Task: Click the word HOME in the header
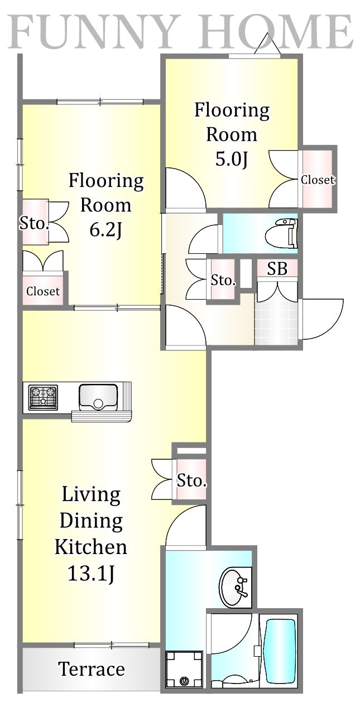click(276, 31)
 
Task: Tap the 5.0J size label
click(232, 160)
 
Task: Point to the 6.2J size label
click(106, 230)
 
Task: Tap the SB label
click(277, 268)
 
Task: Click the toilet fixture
click(281, 233)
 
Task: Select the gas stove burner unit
click(43, 397)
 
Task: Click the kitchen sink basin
click(98, 397)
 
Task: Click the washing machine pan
click(184, 669)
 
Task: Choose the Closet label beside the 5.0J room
click(318, 180)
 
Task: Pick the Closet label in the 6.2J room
click(43, 291)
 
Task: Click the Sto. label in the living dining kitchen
click(191, 480)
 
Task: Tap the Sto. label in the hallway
click(223, 280)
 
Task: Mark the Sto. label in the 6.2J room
click(34, 223)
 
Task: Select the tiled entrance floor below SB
click(276, 323)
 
